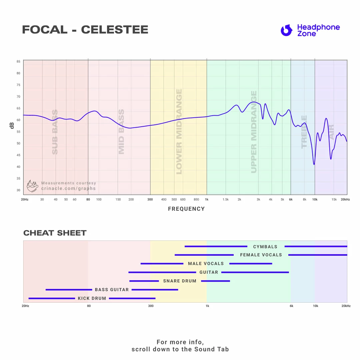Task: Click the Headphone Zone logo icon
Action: coord(286,30)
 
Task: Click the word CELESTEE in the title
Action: coord(115,30)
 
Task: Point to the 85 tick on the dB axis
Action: coord(18,62)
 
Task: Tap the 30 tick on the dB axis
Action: coord(18,190)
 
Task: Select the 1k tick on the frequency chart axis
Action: coord(207,199)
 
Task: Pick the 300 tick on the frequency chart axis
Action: coord(150,199)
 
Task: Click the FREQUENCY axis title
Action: coord(186,209)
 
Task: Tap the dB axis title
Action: coord(12,125)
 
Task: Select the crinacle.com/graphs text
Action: coord(68,188)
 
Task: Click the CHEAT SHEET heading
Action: coord(55,233)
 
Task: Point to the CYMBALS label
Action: coord(265,247)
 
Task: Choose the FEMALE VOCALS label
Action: coord(261,255)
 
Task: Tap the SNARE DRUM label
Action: coord(180,281)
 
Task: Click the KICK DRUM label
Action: coord(92,298)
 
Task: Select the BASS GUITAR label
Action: coord(112,290)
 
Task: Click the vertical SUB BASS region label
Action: coord(55,132)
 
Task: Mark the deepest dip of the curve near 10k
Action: coord(314,164)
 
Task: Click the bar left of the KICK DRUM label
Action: coord(52,298)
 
